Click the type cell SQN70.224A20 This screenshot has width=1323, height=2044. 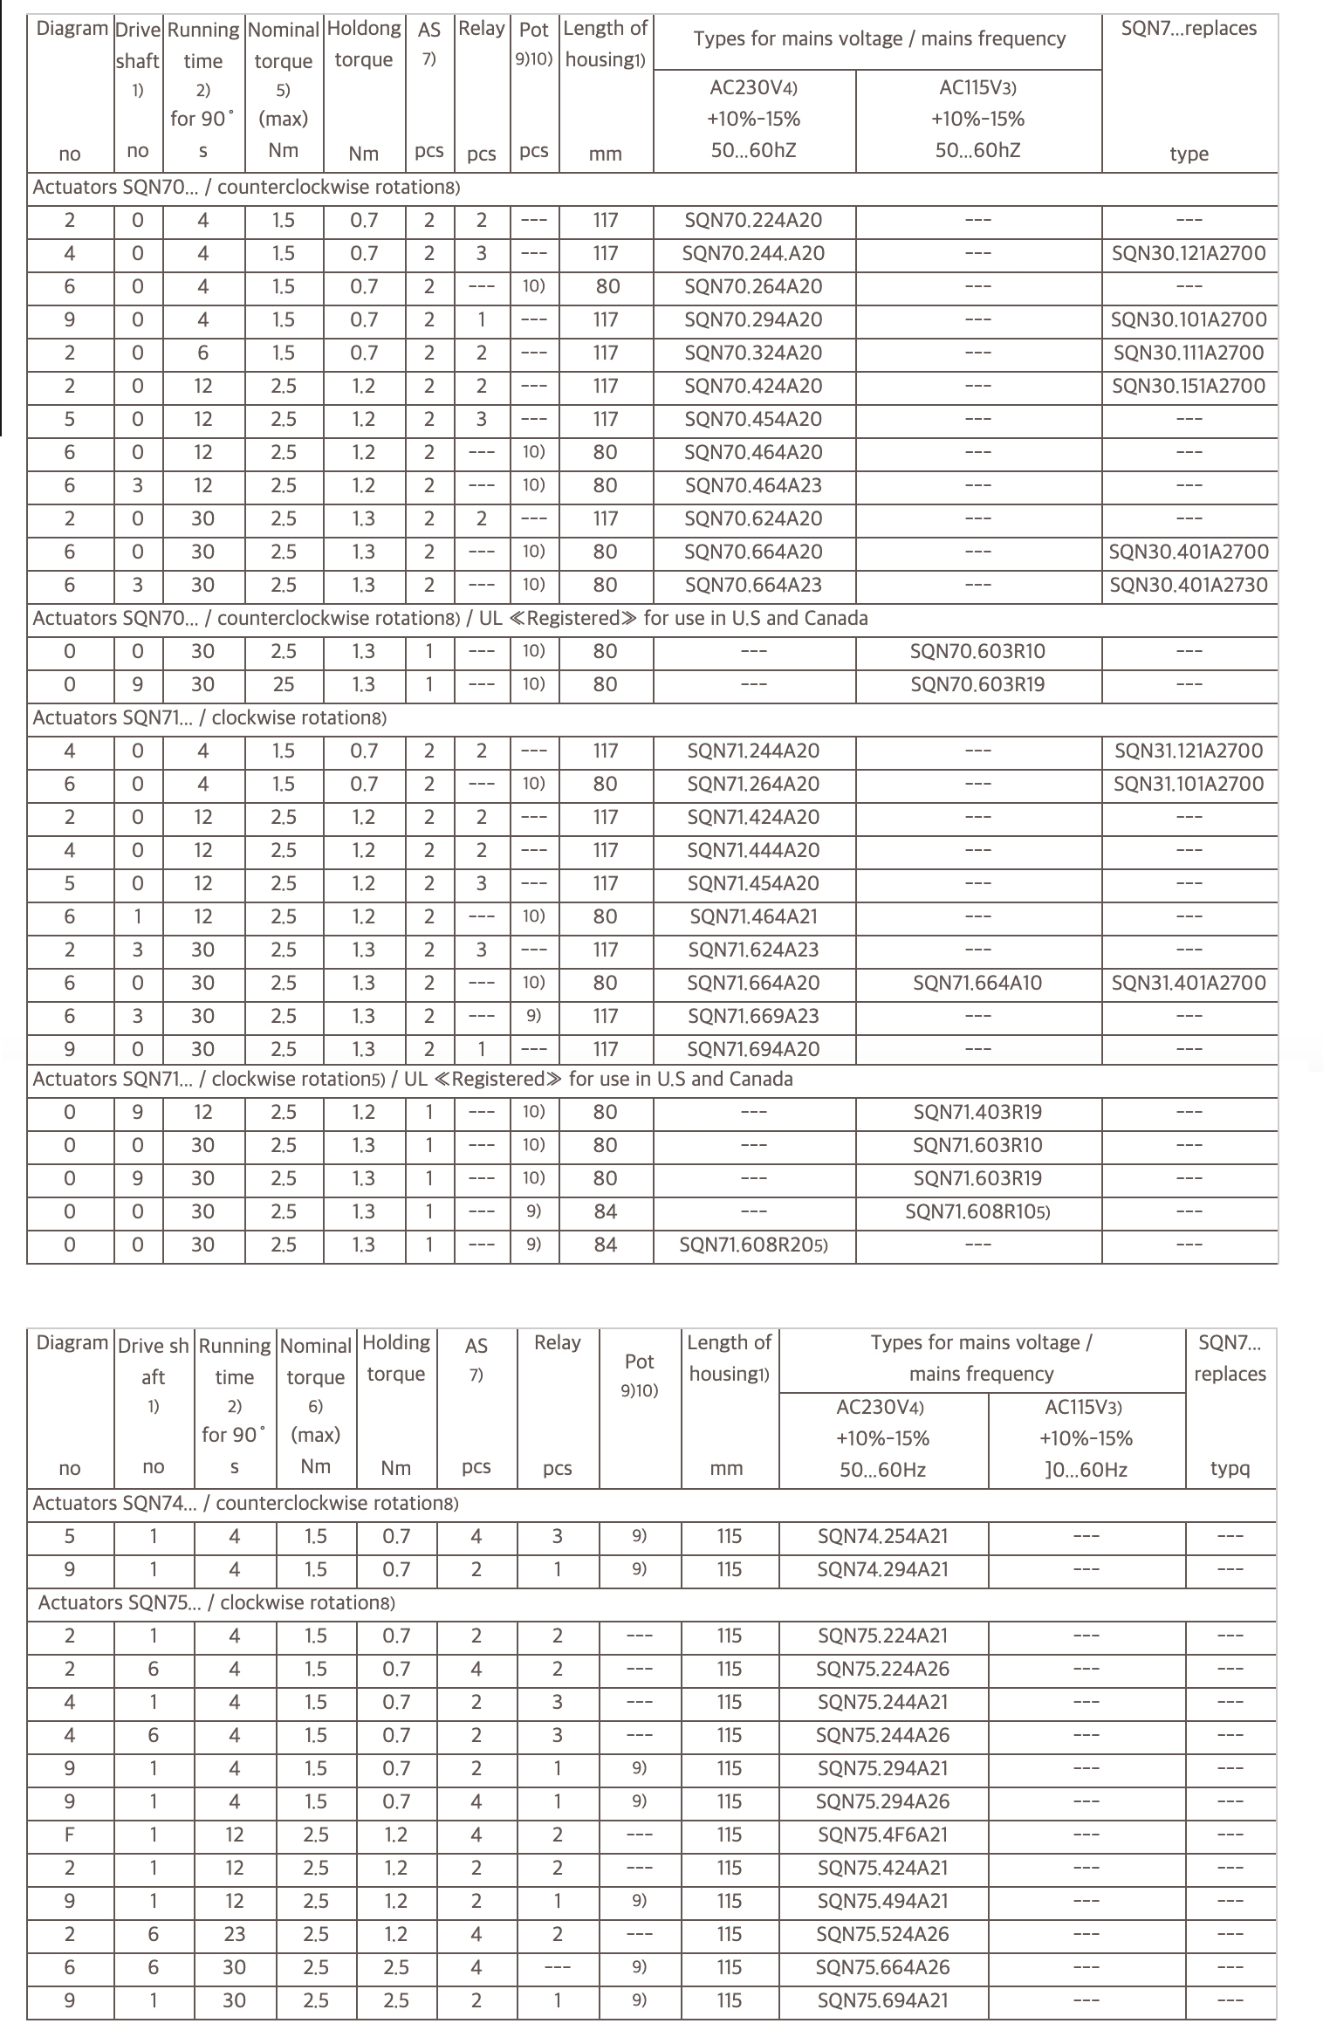tap(753, 221)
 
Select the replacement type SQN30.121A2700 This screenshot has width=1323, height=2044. tap(1188, 254)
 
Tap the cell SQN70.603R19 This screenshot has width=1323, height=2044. tap(977, 685)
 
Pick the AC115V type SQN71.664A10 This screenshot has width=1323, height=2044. tap(977, 984)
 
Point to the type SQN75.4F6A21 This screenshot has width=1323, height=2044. tap(882, 1835)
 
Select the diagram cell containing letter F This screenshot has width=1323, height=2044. tap(70, 1835)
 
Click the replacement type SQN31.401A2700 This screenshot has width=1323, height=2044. tap(1188, 984)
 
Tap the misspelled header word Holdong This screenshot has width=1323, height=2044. tap(363, 29)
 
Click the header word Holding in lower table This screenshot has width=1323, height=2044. tap(395, 1342)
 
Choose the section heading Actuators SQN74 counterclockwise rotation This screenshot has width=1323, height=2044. tap(245, 1503)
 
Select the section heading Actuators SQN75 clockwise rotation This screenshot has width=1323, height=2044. tap(216, 1602)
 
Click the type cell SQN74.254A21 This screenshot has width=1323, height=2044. tap(882, 1536)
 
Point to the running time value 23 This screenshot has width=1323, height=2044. tap(234, 1934)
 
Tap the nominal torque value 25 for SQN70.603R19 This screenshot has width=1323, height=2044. tap(284, 685)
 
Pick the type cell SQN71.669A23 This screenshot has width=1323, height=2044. tap(753, 1017)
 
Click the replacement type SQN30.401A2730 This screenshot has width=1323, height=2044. tap(1188, 586)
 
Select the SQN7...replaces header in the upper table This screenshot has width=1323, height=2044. tap(1188, 29)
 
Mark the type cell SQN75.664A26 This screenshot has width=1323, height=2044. tap(882, 1967)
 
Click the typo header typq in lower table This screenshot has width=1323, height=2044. tap(1230, 1468)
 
